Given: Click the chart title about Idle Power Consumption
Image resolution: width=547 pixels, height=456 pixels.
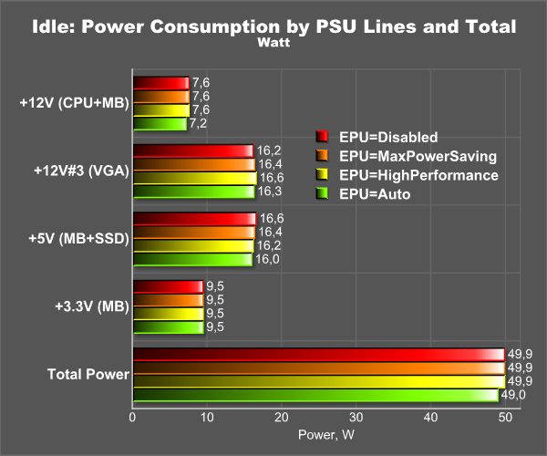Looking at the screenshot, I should coord(273,26).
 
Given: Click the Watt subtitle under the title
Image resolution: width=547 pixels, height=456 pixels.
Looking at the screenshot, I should coord(273,42).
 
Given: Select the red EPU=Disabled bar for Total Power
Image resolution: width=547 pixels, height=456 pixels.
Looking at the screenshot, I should coord(318,355).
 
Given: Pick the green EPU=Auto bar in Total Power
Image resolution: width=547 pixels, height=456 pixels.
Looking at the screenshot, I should coord(315,395).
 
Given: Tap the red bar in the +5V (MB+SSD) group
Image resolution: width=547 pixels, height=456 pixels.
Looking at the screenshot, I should coord(194,219).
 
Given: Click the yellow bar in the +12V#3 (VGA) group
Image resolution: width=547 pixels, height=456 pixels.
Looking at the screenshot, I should coord(195,178).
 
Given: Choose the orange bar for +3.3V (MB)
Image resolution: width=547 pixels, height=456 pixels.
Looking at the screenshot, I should coord(168,300).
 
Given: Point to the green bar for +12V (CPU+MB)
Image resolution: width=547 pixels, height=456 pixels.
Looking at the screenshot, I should coord(160,123).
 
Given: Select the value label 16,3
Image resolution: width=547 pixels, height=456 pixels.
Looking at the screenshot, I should coord(270,192).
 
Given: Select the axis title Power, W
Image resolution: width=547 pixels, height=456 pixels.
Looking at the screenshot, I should coord(327,436).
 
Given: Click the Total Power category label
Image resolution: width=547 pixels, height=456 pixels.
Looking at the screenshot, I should coord(88,374).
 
